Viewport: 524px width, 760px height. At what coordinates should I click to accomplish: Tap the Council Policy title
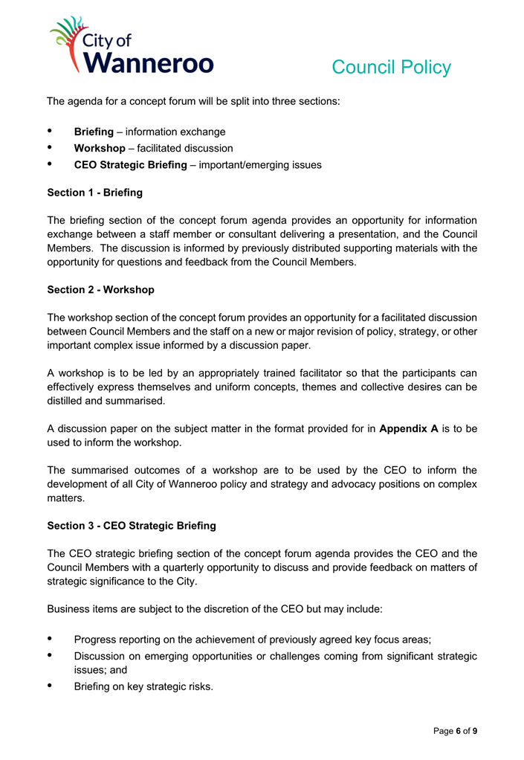391,68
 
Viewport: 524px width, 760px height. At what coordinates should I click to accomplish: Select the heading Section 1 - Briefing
94,193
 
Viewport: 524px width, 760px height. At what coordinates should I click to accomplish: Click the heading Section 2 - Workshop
100,289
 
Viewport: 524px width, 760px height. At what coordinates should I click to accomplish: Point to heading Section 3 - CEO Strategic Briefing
132,526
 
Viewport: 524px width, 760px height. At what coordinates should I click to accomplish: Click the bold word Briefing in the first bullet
94,132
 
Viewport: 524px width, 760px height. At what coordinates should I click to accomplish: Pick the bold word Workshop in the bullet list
100,149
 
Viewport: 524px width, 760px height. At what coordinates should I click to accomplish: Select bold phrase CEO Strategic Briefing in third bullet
131,165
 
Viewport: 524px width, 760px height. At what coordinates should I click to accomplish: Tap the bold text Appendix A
408,429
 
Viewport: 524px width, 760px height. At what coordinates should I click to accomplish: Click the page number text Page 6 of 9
456,731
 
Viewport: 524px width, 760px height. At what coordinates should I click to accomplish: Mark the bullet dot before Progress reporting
51,638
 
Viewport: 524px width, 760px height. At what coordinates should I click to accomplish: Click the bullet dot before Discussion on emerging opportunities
51,655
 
